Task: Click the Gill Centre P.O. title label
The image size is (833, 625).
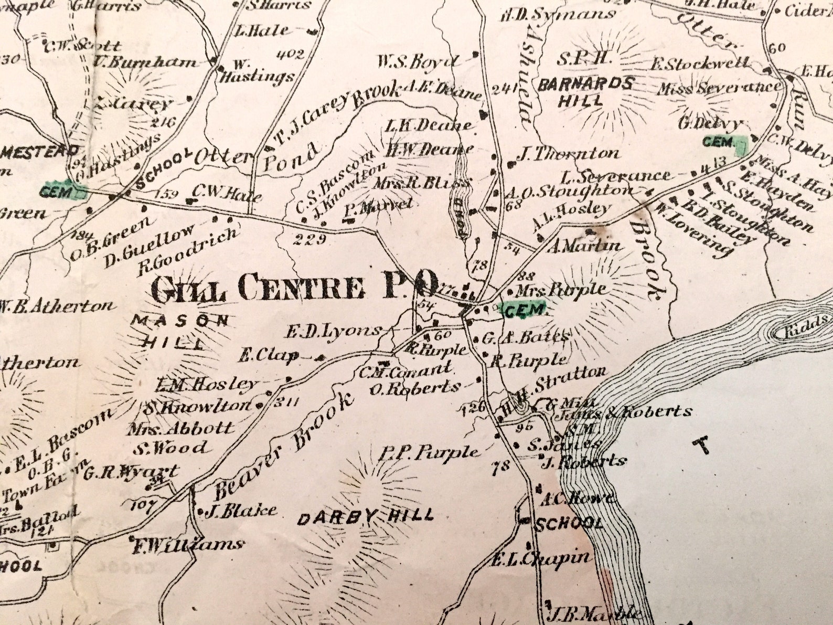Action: [x=294, y=287]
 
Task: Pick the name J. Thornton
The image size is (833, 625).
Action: [x=568, y=154]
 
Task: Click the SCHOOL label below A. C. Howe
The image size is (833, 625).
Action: [x=568, y=523]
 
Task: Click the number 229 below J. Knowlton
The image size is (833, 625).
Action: [x=310, y=240]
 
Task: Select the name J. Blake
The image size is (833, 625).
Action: [x=240, y=510]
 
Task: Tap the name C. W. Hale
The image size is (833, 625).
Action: [x=227, y=195]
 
